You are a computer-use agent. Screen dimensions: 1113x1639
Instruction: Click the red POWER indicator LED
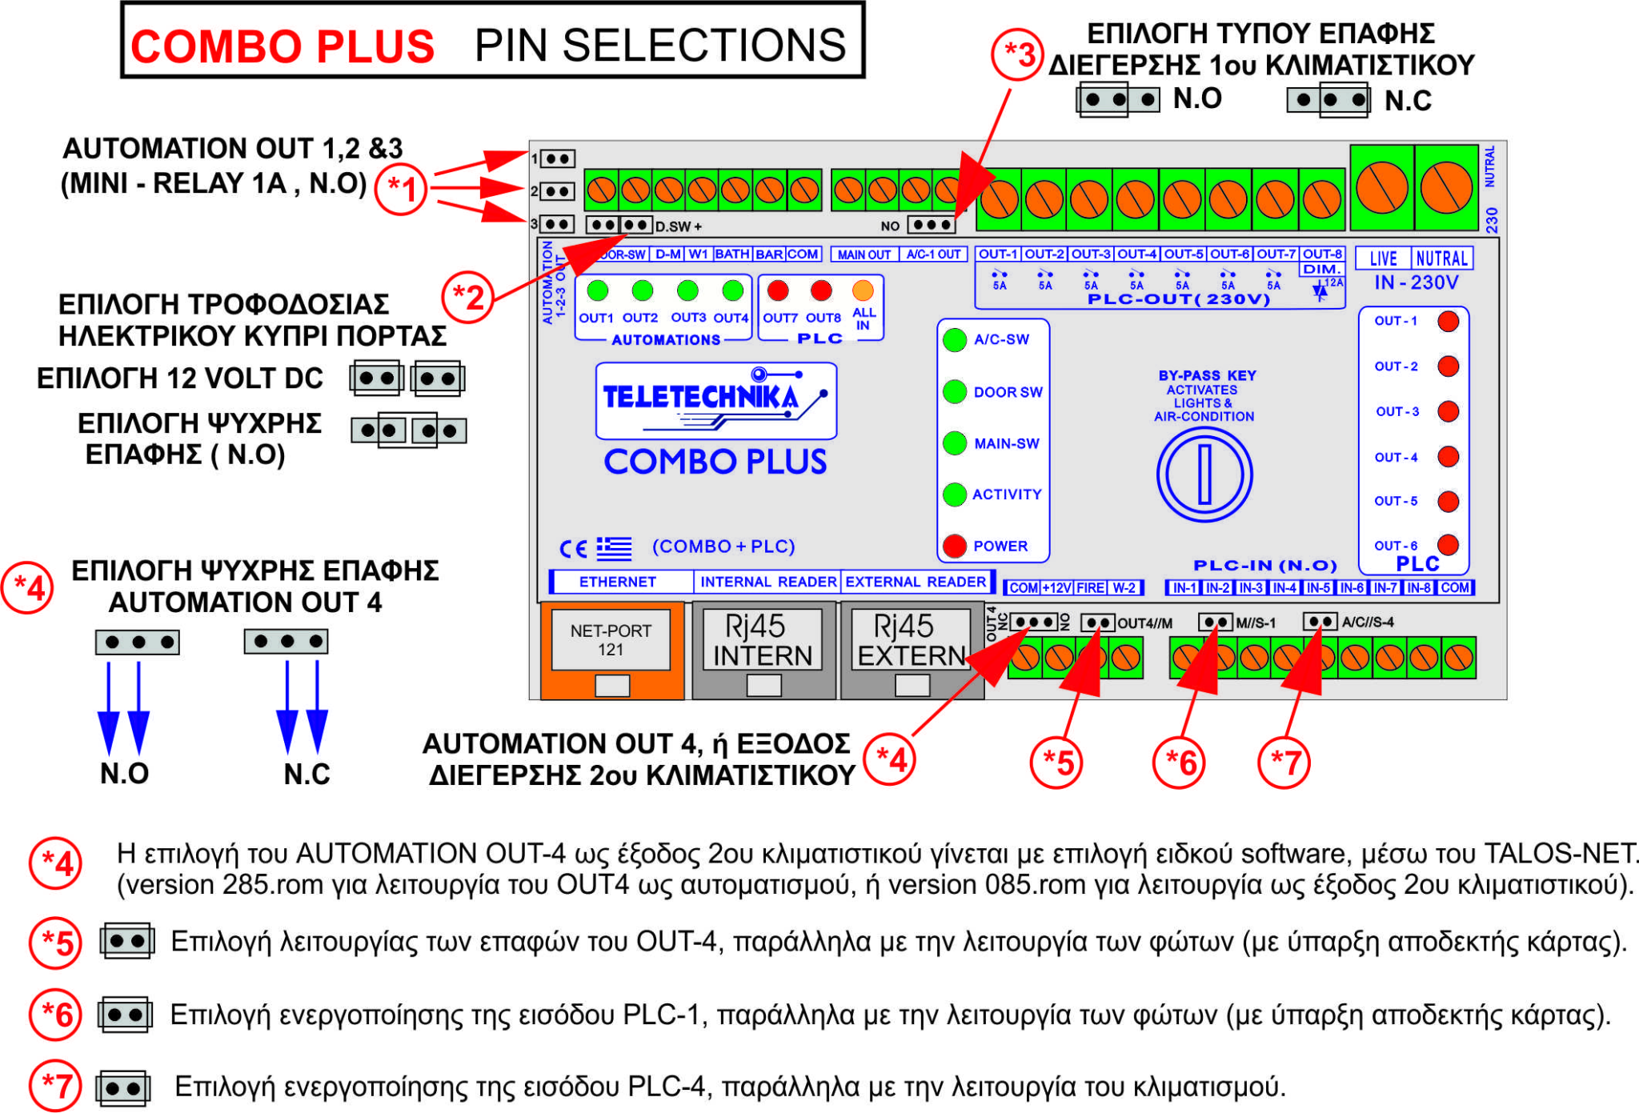pos(954,546)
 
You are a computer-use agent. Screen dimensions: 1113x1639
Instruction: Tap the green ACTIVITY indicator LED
pos(954,494)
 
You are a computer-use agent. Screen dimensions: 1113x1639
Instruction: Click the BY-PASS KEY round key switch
pos(1204,474)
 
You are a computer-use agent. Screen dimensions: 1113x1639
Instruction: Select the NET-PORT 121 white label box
pos(611,640)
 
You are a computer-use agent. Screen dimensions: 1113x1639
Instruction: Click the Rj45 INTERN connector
pos(762,640)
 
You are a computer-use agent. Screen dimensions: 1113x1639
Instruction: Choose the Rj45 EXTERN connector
pos(911,640)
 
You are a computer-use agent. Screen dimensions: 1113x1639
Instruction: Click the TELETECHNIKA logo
pos(715,399)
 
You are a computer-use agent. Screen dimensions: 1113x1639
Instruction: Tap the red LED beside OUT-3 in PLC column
pos(1448,411)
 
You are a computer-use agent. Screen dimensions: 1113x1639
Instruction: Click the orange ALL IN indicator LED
pos(863,290)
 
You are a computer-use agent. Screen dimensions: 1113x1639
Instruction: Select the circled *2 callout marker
pos(468,297)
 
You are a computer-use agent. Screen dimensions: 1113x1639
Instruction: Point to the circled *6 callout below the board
pos(1180,763)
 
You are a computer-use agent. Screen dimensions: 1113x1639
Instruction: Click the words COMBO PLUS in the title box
pos(283,46)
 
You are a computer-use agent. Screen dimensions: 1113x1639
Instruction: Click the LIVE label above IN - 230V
pos(1383,258)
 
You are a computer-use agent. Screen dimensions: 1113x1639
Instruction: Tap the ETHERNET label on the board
pos(617,582)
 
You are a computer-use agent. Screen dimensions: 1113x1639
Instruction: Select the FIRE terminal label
pos(1090,588)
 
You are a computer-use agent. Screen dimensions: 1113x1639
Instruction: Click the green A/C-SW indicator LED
pos(954,339)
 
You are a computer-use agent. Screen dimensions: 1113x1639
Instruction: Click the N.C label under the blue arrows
pos(307,774)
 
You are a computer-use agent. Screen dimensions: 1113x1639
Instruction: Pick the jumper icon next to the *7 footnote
pos(123,1088)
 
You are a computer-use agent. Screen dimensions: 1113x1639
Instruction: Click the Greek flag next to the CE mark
pos(614,548)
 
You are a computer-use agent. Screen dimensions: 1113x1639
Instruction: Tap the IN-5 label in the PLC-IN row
pos(1318,588)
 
